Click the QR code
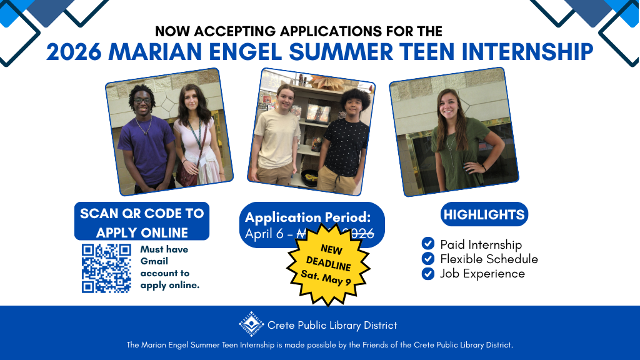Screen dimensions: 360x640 pyautogui.click(x=106, y=268)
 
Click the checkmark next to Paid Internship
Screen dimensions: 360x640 pyautogui.click(x=428, y=244)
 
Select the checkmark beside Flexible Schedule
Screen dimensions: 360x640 pyautogui.click(x=428, y=258)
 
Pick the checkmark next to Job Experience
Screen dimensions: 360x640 pyautogui.click(x=428, y=273)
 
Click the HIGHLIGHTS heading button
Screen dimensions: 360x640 pyautogui.click(x=484, y=214)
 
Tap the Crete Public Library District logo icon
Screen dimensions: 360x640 pyautogui.click(x=251, y=324)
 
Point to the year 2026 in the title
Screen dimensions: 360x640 pyautogui.click(x=73, y=51)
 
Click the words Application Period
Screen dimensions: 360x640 pyautogui.click(x=308, y=217)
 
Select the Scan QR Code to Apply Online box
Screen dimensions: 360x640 pyautogui.click(x=142, y=222)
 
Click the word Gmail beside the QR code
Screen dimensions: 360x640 pyautogui.click(x=154, y=261)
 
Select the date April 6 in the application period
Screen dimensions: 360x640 pyautogui.click(x=266, y=234)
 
